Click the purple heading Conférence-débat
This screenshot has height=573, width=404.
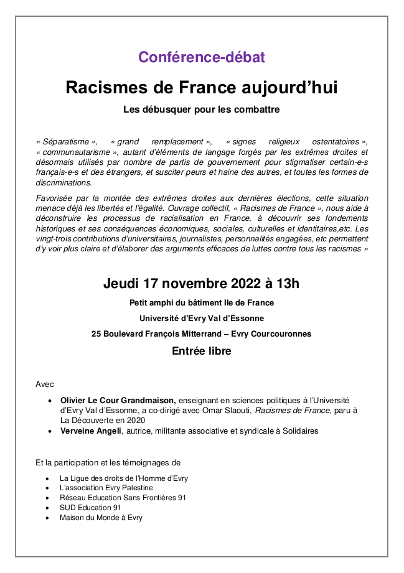202,57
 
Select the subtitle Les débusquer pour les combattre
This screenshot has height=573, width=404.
202,110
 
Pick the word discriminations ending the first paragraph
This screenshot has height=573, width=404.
63,182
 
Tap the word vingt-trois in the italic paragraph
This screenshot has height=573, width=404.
57,238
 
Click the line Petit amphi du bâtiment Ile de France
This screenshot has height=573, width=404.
202,303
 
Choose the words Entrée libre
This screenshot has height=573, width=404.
202,352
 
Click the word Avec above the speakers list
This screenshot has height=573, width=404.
45,384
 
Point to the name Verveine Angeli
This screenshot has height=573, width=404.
90,431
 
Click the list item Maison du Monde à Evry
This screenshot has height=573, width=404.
101,518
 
